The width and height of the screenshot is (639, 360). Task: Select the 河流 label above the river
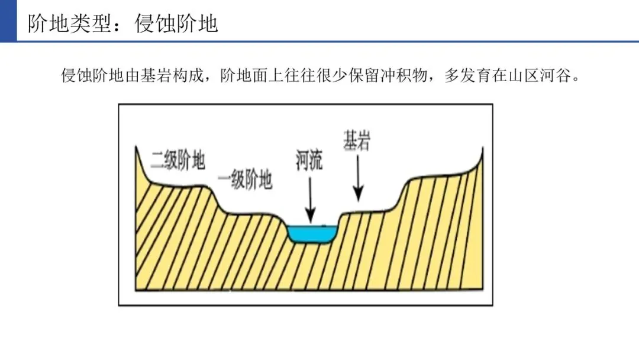(x=309, y=159)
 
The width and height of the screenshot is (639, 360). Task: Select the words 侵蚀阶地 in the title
(x=176, y=24)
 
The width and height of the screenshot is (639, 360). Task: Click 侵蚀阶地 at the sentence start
(x=93, y=76)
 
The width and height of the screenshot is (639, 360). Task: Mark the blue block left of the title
(x=8, y=21)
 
